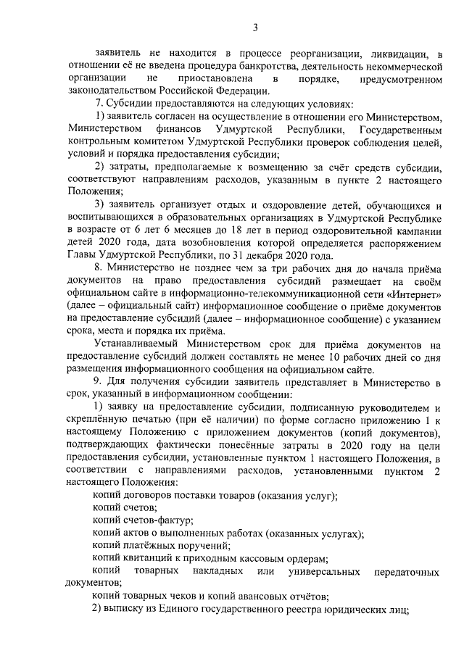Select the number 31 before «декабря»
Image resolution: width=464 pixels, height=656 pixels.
click(x=237, y=254)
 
